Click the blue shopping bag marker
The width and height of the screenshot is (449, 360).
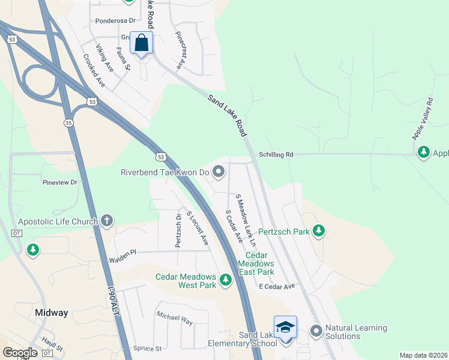pyautogui.click(x=141, y=44)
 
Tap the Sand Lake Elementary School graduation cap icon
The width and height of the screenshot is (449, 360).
pyautogui.click(x=285, y=328)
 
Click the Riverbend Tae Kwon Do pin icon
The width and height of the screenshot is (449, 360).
pyautogui.click(x=218, y=172)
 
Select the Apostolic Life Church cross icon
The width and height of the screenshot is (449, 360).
pyautogui.click(x=107, y=221)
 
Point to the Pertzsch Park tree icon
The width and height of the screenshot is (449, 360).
pyautogui.click(x=319, y=231)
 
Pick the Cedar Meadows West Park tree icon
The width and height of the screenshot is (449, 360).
pyautogui.click(x=225, y=280)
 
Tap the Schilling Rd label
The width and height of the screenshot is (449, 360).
pyautogui.click(x=276, y=154)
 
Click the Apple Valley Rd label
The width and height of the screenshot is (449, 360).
pyautogui.click(x=422, y=119)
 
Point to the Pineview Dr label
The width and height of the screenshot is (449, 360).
pyautogui.click(x=60, y=182)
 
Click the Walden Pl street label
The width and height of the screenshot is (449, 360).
pyautogui.click(x=122, y=260)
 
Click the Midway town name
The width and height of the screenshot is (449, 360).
pyautogui.click(x=51, y=313)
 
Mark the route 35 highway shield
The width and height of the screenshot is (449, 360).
pyautogui.click(x=69, y=122)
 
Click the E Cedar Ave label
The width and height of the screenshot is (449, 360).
pyautogui.click(x=277, y=287)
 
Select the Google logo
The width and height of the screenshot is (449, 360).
pyautogui.click(x=20, y=353)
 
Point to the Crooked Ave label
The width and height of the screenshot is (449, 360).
pyautogui.click(x=94, y=71)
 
